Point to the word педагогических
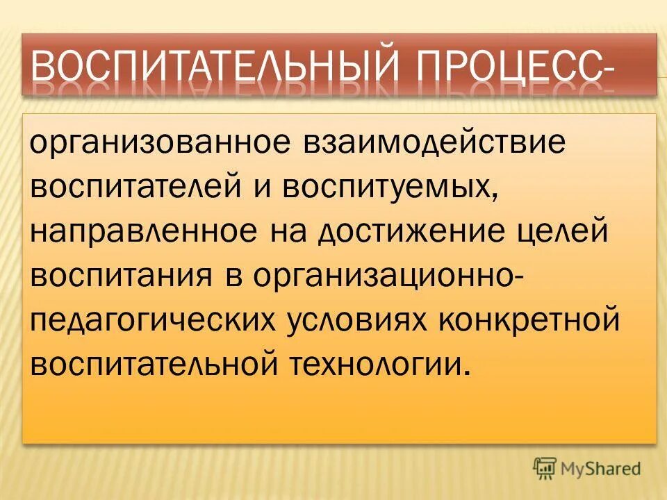point(155,320)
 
